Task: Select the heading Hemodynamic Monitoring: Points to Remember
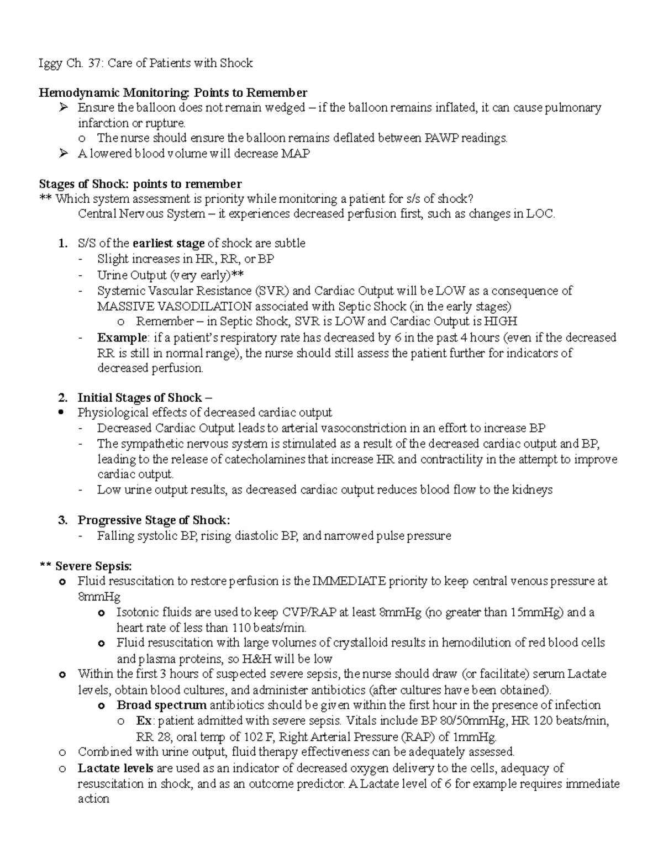[x=173, y=92]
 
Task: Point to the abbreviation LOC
[x=540, y=214]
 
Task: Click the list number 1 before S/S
[x=63, y=244]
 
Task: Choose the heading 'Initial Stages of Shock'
[x=140, y=398]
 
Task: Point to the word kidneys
[x=532, y=490]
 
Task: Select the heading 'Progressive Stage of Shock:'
[x=154, y=520]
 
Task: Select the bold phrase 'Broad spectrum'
[x=161, y=706]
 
